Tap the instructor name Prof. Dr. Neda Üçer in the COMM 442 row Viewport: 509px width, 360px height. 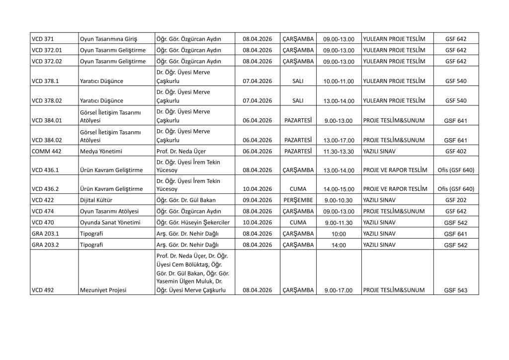pyautogui.click(x=181, y=151)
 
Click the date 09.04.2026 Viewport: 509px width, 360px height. pyautogui.click(x=257, y=200)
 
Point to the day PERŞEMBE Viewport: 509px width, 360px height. pyautogui.click(x=298, y=200)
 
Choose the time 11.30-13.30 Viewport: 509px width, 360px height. pyautogui.click(x=339, y=152)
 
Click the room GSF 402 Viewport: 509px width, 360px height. pyautogui.click(x=456, y=151)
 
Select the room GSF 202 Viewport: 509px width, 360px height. pyautogui.click(x=456, y=200)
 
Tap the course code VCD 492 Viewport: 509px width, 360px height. pyautogui.click(x=43, y=290)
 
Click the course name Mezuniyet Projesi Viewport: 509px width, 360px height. pyautogui.click(x=103, y=290)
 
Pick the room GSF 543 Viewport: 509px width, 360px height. pyautogui.click(x=456, y=290)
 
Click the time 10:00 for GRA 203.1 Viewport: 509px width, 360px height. pyautogui.click(x=339, y=234)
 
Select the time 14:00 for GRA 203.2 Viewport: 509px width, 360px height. pyautogui.click(x=339, y=245)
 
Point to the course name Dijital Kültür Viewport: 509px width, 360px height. pyautogui.click(x=96, y=200)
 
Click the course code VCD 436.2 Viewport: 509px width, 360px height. pyautogui.click(x=45, y=189)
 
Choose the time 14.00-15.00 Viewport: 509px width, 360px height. pyautogui.click(x=339, y=189)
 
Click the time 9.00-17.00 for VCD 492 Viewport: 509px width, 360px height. pyautogui.click(x=339, y=290)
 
